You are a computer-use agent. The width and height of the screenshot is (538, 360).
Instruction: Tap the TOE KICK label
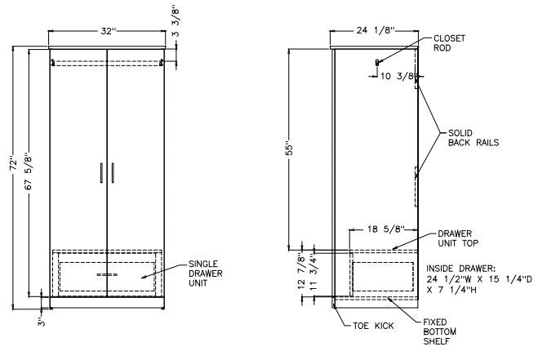pos(372,326)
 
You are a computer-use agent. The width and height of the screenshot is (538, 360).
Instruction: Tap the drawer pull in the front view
pos(107,275)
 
